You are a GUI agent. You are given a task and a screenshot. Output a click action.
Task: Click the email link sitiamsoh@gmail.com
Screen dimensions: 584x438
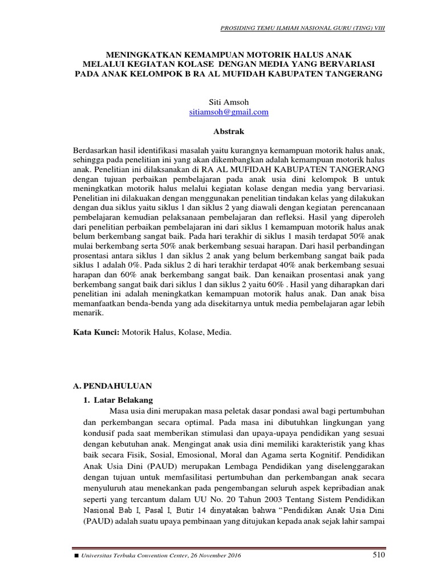(229, 112)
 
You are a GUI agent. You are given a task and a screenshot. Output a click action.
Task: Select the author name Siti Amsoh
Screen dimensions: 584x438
(229, 102)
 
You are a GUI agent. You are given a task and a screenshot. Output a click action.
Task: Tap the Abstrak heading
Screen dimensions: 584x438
(228, 131)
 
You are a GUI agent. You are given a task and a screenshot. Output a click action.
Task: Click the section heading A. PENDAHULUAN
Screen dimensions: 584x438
(112, 386)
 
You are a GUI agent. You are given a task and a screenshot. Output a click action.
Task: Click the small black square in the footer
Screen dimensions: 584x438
(76, 556)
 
